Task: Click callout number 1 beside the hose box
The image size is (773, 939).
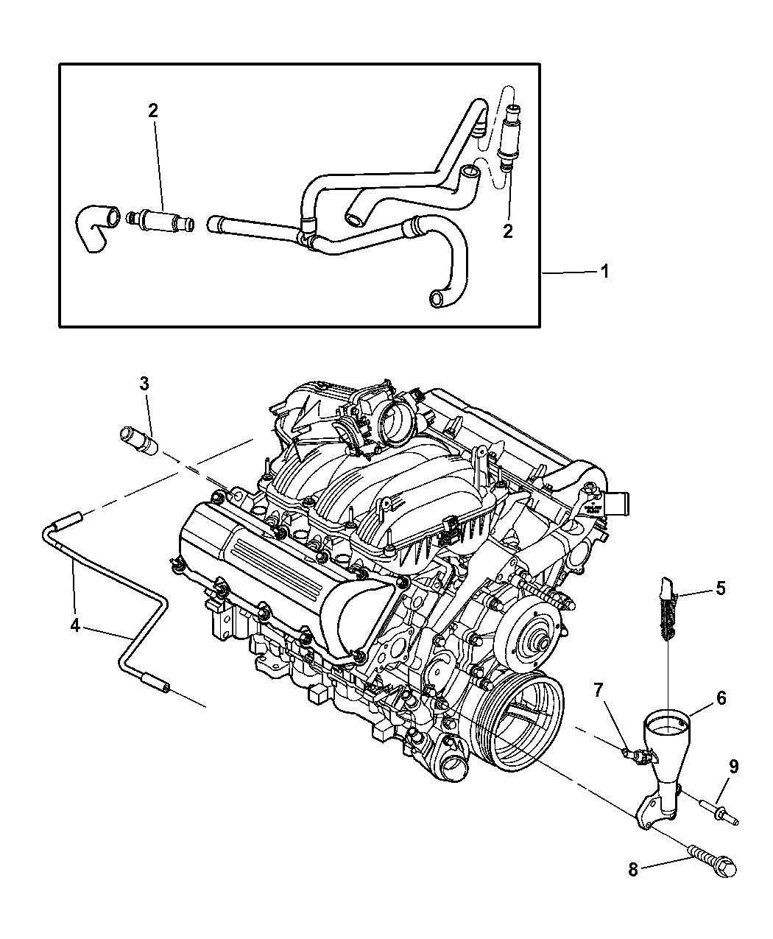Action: click(x=604, y=272)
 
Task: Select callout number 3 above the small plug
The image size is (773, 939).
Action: click(x=144, y=384)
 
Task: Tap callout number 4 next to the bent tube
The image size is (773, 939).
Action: click(x=75, y=625)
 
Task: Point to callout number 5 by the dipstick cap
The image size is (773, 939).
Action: click(x=720, y=588)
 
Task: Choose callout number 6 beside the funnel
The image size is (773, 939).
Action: click(x=721, y=697)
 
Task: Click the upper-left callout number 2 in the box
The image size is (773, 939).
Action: click(x=152, y=111)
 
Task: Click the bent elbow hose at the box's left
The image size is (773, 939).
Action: click(x=94, y=228)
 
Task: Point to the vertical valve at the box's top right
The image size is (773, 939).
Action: click(x=506, y=133)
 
